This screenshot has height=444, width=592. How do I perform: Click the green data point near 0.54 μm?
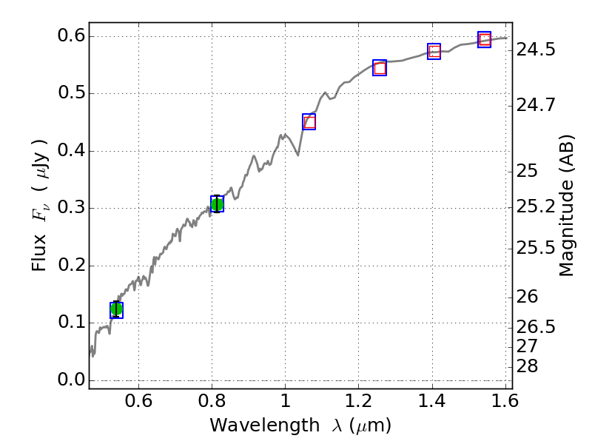116,310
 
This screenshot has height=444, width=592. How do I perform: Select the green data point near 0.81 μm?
217,204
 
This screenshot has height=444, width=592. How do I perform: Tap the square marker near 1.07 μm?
309,122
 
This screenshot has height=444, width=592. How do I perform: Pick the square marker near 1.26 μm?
380,68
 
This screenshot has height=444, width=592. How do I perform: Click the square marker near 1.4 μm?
434,52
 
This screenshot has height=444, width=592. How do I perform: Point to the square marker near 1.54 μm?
485,40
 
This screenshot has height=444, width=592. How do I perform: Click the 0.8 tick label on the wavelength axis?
212,403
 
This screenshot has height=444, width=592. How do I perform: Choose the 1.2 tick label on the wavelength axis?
358,403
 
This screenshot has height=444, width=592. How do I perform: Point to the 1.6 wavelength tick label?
505,403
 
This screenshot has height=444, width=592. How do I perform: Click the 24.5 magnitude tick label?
536,50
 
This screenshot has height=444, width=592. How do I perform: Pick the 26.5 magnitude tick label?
536,327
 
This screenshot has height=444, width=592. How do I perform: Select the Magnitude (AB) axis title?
567,205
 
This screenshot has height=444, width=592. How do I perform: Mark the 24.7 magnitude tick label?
536,104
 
